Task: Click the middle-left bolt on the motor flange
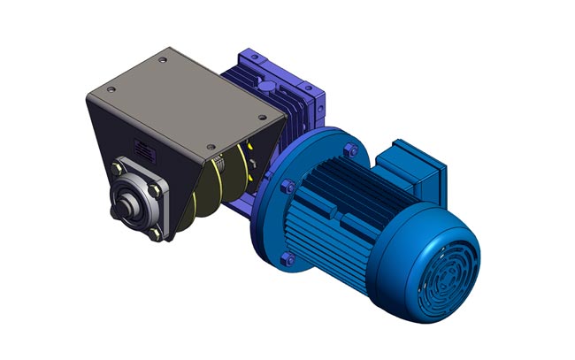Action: click(x=286, y=187)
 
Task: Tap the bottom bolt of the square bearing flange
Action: click(x=156, y=234)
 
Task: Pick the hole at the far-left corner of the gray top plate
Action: click(x=96, y=88)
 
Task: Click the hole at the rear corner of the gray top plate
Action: click(x=163, y=60)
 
